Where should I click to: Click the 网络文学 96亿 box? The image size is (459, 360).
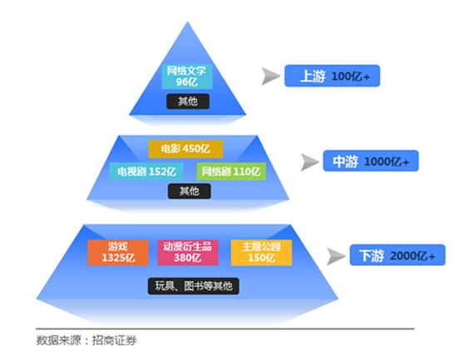187,76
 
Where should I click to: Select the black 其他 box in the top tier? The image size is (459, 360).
188,101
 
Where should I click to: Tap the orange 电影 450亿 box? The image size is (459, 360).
185,149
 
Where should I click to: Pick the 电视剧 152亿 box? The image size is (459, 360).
146,171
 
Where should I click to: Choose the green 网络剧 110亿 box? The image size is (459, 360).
231,171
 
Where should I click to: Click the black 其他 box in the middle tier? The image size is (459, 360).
190,191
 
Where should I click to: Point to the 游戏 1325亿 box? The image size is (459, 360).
118,253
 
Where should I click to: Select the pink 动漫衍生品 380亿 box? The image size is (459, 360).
188,253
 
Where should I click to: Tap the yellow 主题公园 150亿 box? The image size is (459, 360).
261,253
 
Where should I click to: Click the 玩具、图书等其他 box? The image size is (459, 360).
194,286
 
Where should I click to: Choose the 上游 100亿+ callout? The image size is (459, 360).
333,76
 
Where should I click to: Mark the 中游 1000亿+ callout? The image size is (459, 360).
371,160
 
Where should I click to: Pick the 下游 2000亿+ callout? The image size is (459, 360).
397,255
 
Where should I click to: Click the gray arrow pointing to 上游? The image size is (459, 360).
269,76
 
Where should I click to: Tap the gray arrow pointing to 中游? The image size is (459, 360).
308,162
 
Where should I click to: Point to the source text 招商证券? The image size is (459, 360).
115,340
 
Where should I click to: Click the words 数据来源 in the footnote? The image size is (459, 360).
58,340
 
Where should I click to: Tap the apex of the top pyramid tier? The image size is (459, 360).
188,22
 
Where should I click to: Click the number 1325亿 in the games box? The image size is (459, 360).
118,258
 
